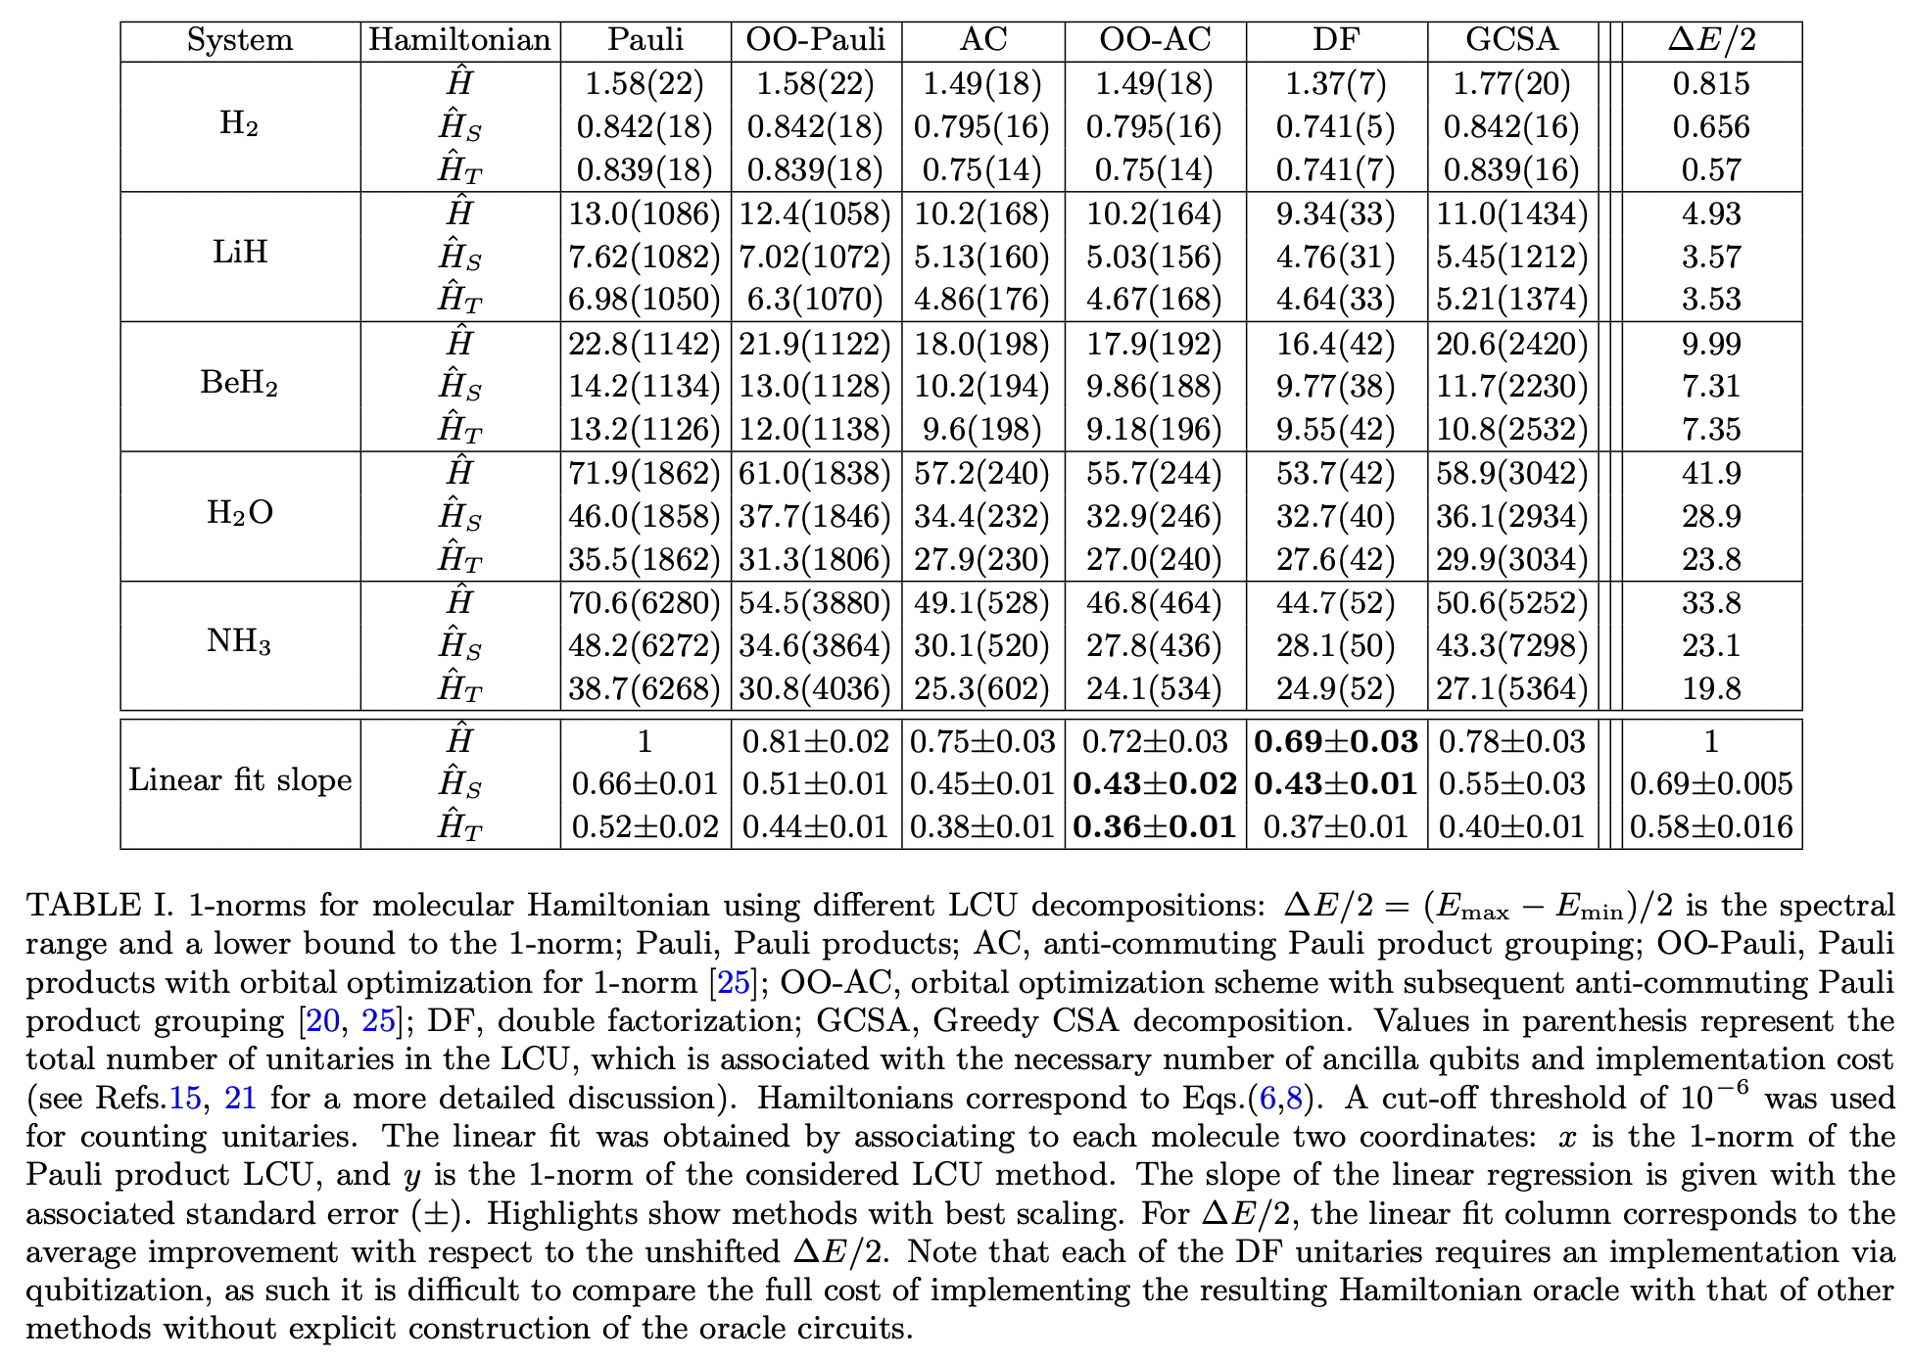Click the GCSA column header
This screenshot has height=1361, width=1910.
pyautogui.click(x=1511, y=39)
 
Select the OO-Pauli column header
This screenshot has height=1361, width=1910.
pyautogui.click(x=815, y=39)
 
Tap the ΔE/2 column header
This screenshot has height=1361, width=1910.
pyautogui.click(x=1710, y=39)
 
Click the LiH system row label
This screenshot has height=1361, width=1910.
pyautogui.click(x=240, y=254)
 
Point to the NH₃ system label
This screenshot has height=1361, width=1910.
pyautogui.click(x=240, y=642)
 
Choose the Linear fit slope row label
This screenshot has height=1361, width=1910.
pyautogui.click(x=240, y=780)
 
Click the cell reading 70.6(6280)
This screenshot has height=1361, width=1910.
pyautogui.click(x=645, y=602)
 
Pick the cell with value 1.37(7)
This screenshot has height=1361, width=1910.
pyautogui.click(x=1335, y=83)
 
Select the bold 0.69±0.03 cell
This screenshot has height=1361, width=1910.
pyautogui.click(x=1335, y=741)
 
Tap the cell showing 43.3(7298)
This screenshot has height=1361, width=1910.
pyautogui.click(x=1511, y=645)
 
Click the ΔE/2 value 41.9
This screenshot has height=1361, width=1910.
pyautogui.click(x=1710, y=473)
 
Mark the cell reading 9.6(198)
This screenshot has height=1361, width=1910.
pyautogui.click(x=981, y=429)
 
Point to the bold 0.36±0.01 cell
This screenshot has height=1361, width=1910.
pyautogui.click(x=1154, y=826)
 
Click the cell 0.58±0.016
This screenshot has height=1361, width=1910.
pyautogui.click(x=1710, y=826)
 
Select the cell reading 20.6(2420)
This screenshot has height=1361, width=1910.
pyautogui.click(x=1511, y=344)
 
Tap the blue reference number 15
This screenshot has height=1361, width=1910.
pyautogui.click(x=185, y=1098)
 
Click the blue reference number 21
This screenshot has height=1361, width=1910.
pyautogui.click(x=240, y=1098)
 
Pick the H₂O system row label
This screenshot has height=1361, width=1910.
pyautogui.click(x=240, y=513)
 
